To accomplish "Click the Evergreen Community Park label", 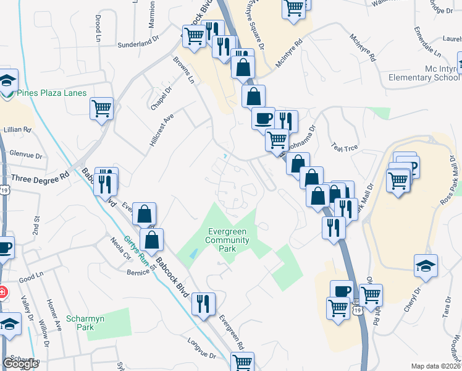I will coord(227,240).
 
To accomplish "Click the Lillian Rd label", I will coord(17,130).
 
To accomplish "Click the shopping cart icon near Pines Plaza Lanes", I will coord(102,109).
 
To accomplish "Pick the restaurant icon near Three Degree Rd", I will coord(106,181).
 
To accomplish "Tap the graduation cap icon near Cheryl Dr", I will coord(426,265).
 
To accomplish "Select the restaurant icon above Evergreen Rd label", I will coord(203,303).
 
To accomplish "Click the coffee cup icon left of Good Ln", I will coord(4,248).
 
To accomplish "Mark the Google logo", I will coord(20,364).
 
